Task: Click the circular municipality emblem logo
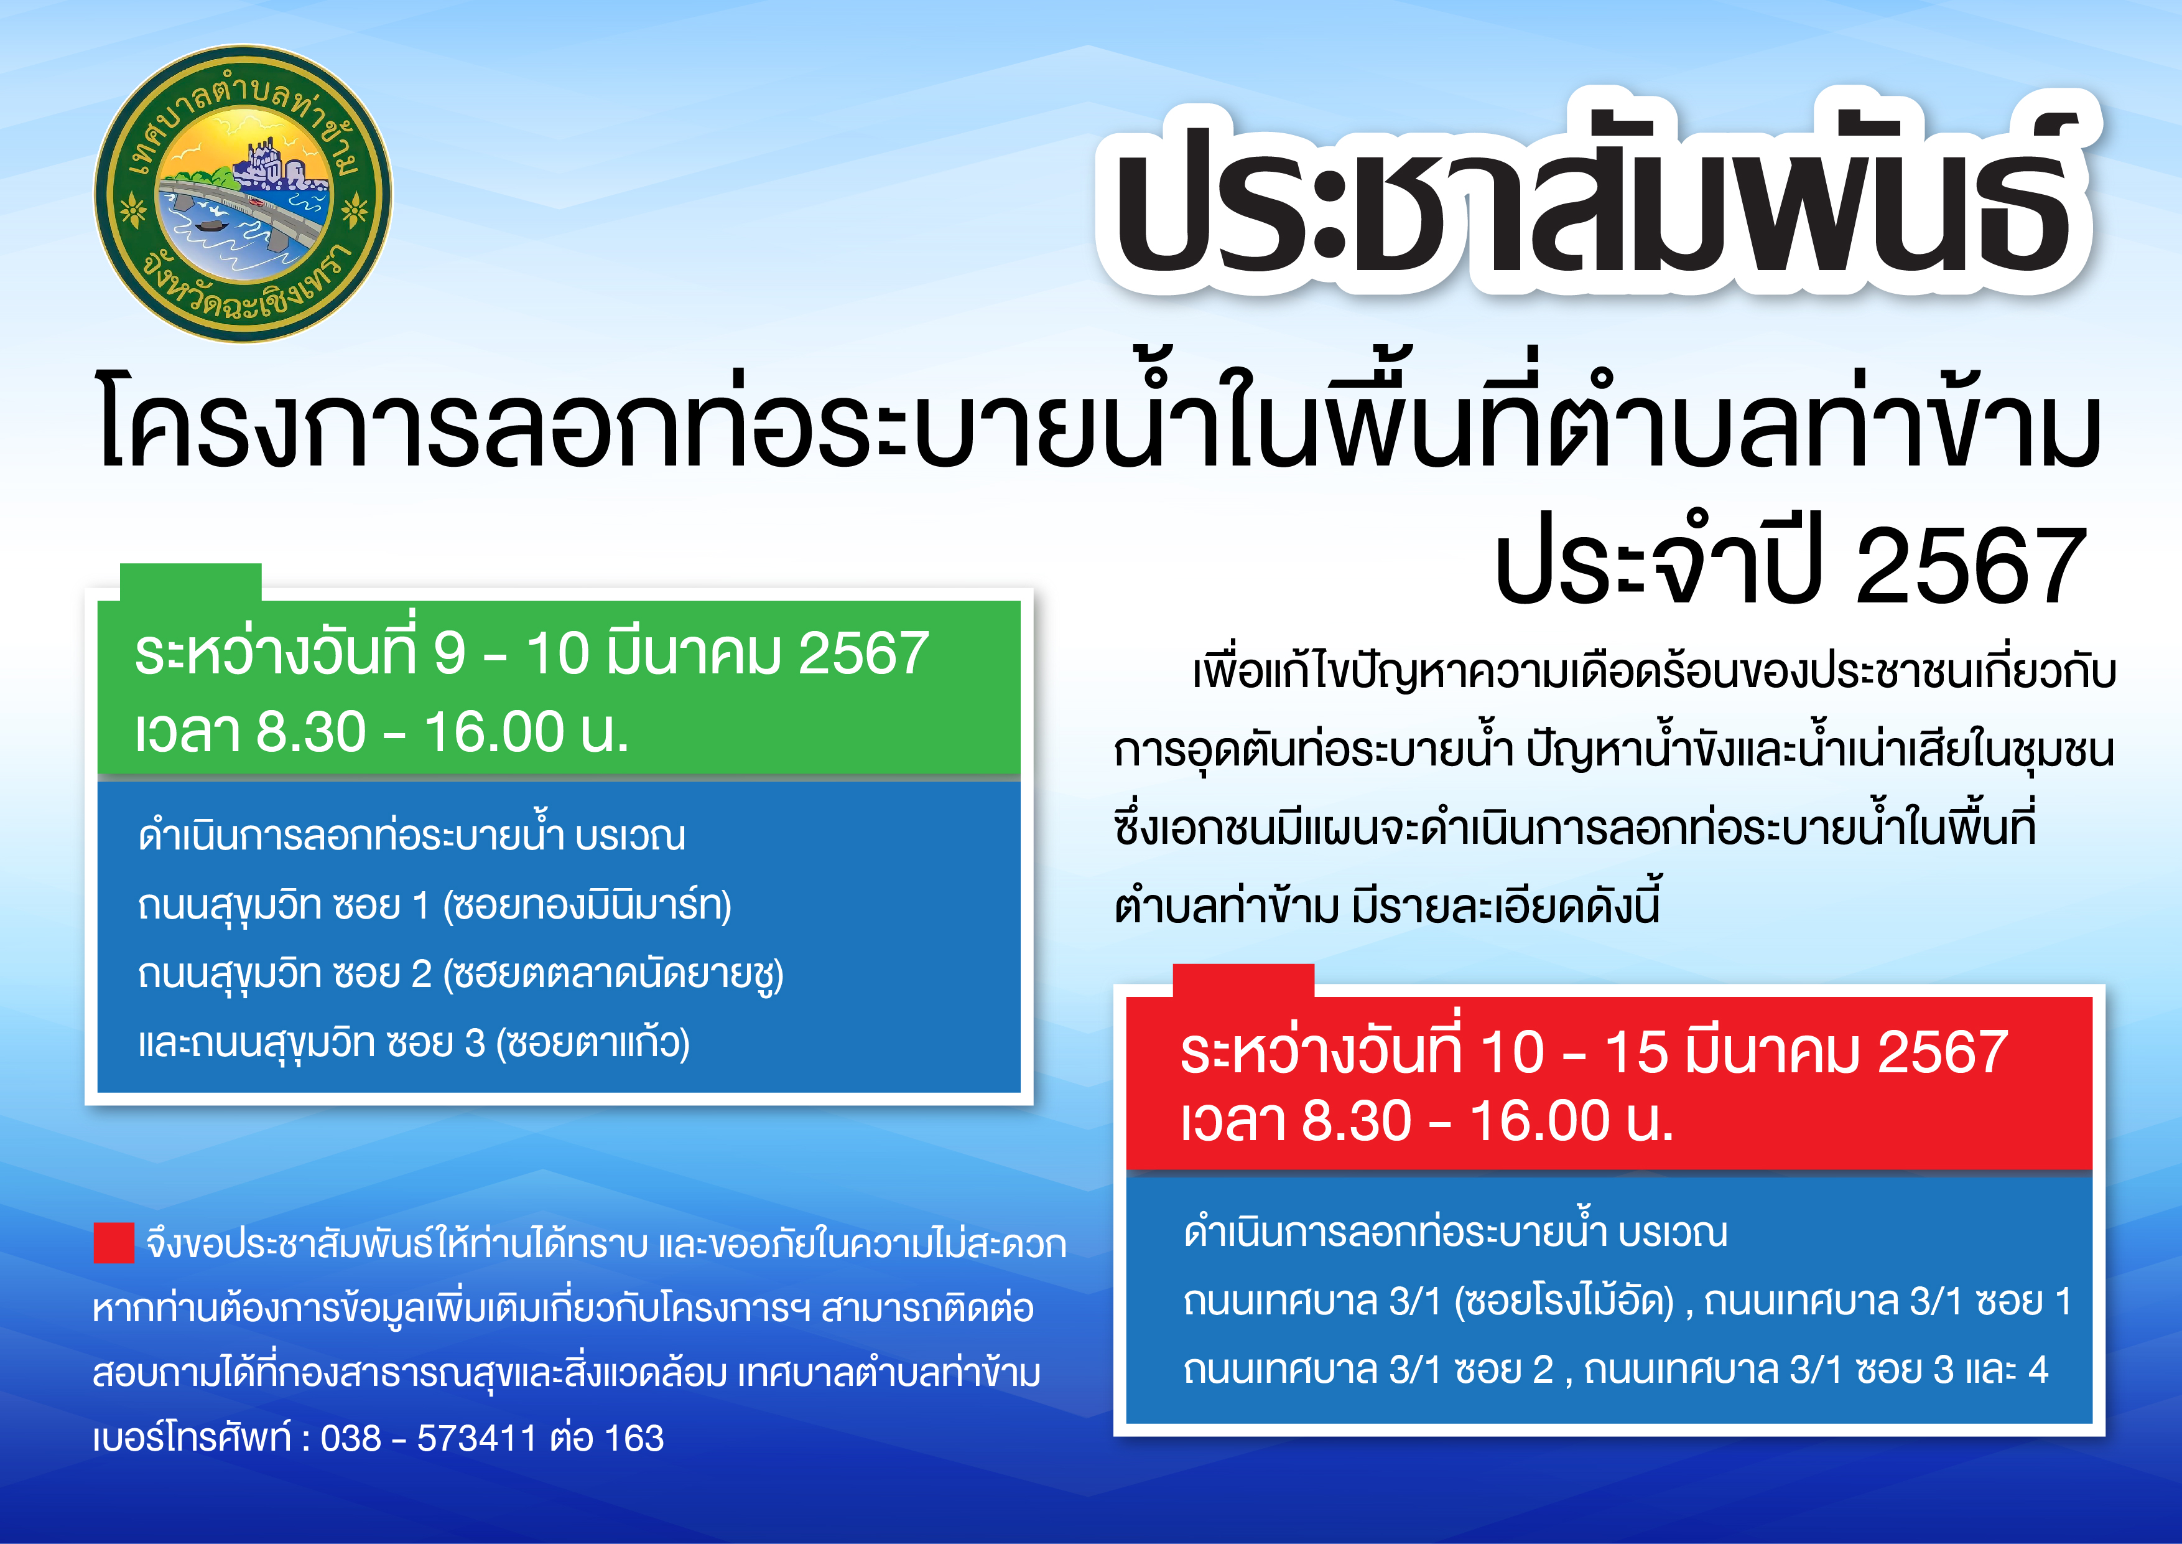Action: point(243,193)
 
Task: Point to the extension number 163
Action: point(633,1438)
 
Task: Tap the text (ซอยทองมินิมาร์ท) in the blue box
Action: point(587,905)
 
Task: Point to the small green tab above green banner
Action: point(190,582)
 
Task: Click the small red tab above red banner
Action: point(1243,980)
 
